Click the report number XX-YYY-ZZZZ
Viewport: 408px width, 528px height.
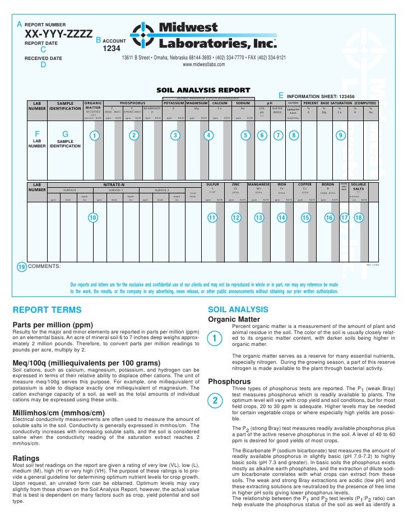pyautogui.click(x=58, y=35)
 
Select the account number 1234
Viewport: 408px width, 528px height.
pyautogui.click(x=112, y=49)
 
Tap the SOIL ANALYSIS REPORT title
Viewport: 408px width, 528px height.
pyautogui.click(x=203, y=90)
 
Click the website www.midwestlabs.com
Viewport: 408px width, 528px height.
pyautogui.click(x=204, y=64)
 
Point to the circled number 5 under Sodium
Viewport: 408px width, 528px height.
pyautogui.click(x=245, y=135)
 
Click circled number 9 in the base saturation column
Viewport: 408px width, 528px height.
pyautogui.click(x=341, y=135)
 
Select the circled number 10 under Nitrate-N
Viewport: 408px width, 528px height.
pyautogui.click(x=93, y=217)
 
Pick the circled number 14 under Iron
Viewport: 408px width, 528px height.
pyautogui.click(x=282, y=217)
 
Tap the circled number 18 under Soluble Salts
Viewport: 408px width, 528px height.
pyautogui.click(x=359, y=217)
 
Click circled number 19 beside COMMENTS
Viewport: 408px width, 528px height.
pyautogui.click(x=21, y=267)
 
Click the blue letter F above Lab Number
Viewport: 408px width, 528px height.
pyautogui.click(x=38, y=135)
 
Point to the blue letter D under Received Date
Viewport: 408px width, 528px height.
pyautogui.click(x=44, y=64)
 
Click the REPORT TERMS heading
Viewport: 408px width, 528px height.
pyautogui.click(x=47, y=310)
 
